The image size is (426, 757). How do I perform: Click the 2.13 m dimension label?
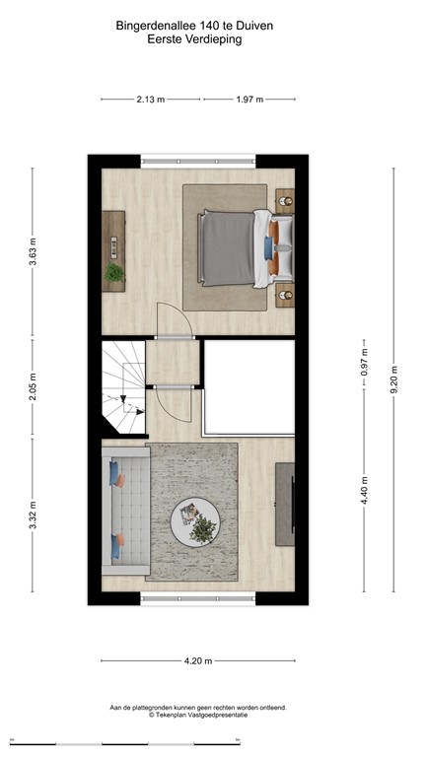tap(151, 100)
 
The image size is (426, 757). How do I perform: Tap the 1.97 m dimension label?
tap(248, 100)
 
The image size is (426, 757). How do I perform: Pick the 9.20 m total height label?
tap(393, 379)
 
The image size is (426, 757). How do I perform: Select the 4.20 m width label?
tap(197, 660)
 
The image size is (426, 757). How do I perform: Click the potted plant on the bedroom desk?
tap(115, 272)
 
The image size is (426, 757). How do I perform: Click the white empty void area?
tap(249, 387)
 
